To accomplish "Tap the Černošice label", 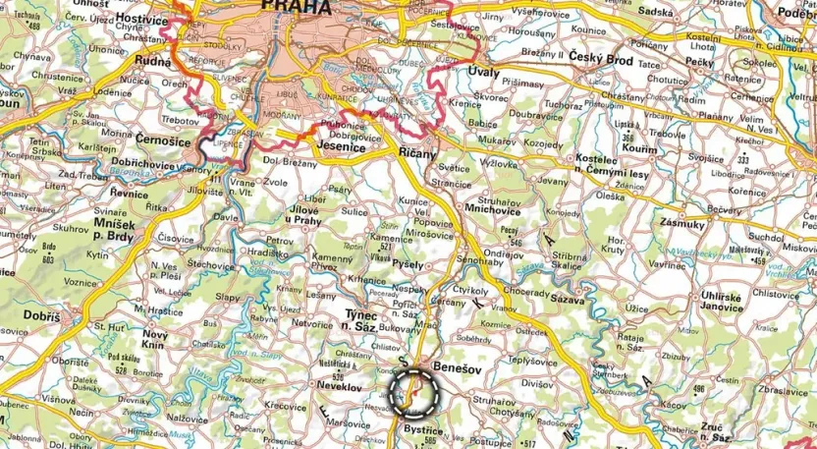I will pyautogui.click(x=164, y=140).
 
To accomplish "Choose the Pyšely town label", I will pyautogui.click(x=407, y=265).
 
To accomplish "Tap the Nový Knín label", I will pyautogui.click(x=155, y=339).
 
